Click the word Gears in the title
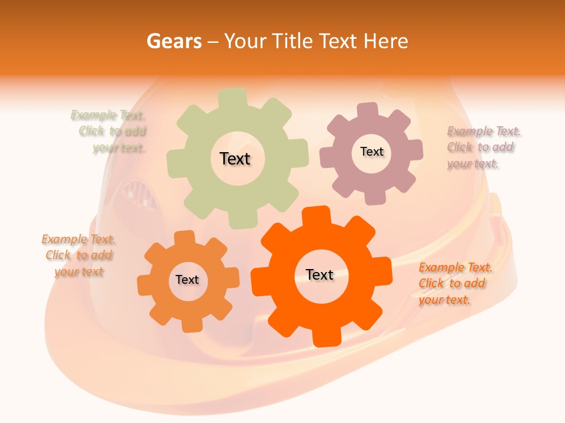[x=173, y=41]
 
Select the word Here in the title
[x=386, y=41]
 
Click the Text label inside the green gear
[x=235, y=159]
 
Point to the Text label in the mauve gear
[x=371, y=152]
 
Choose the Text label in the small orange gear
[x=187, y=280]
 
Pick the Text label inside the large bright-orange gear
[x=320, y=274]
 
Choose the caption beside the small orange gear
[x=79, y=256]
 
